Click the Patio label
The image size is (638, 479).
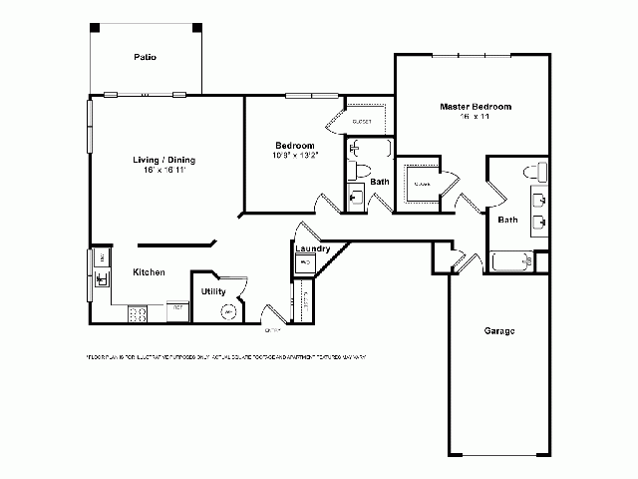pyautogui.click(x=146, y=57)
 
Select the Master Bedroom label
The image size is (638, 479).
pyautogui.click(x=476, y=106)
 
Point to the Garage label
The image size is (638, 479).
pyautogui.click(x=499, y=330)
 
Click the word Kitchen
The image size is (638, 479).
pyautogui.click(x=149, y=272)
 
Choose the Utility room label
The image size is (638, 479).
pyautogui.click(x=212, y=291)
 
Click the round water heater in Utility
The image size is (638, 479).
pyautogui.click(x=229, y=311)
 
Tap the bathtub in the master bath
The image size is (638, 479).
pyautogui.click(x=513, y=262)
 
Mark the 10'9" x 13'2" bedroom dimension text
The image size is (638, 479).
pyautogui.click(x=295, y=155)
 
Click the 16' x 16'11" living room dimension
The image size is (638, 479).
pyautogui.click(x=164, y=171)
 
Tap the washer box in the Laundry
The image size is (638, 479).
pyautogui.click(x=305, y=262)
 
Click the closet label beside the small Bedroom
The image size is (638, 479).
pyautogui.click(x=363, y=121)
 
